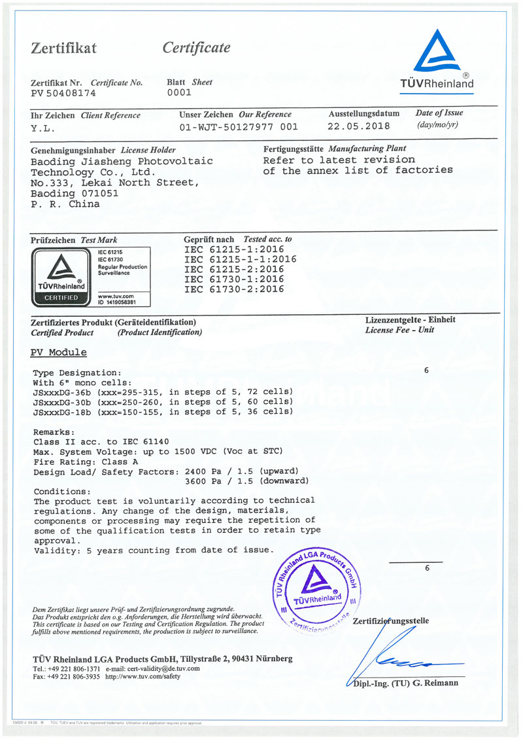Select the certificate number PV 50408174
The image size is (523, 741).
tap(63, 93)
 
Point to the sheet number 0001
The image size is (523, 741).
tap(179, 93)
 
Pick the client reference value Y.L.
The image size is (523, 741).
tap(43, 128)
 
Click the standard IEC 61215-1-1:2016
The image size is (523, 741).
tap(240, 259)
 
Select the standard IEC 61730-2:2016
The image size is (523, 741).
tap(234, 289)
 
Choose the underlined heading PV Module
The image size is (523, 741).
tap(58, 352)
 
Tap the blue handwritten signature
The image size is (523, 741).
tap(392, 658)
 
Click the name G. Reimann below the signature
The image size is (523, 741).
tap(437, 683)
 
